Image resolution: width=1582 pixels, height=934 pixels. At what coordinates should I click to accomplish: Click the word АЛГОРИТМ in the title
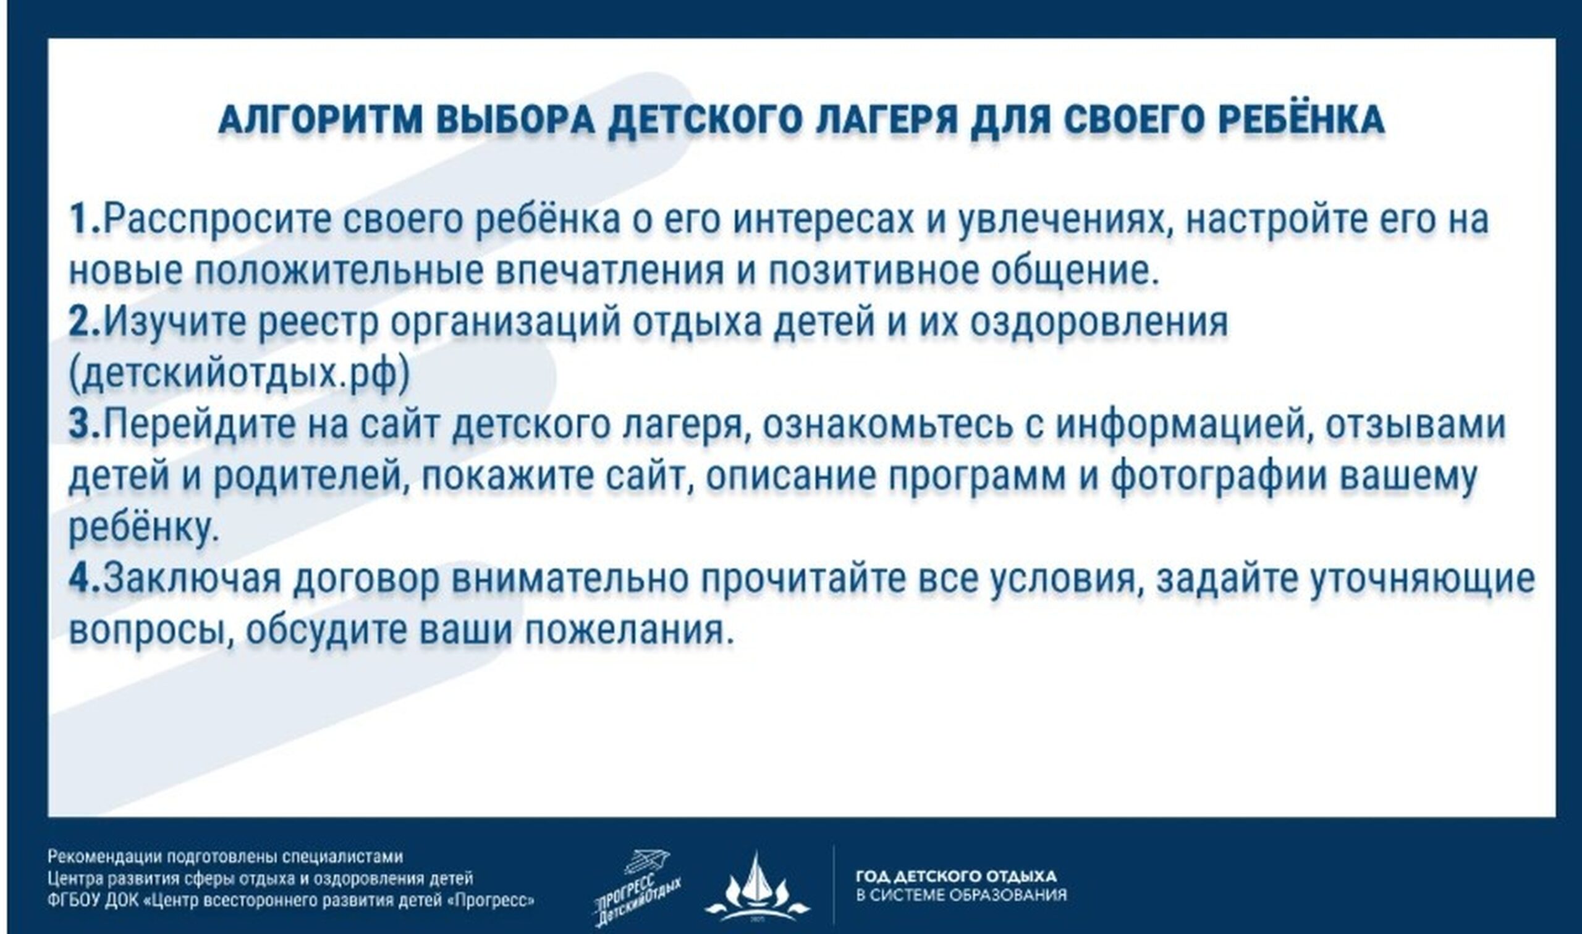[x=320, y=119]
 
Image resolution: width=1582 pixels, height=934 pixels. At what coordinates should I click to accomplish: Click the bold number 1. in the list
[x=85, y=219]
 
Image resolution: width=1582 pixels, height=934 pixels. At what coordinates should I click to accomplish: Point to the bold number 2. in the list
[x=85, y=322]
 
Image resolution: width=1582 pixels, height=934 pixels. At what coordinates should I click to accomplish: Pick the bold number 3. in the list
[x=85, y=424]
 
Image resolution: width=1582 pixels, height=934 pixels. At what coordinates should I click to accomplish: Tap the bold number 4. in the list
[x=85, y=578]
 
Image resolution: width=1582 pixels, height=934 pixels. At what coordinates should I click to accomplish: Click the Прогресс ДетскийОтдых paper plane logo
[x=637, y=888]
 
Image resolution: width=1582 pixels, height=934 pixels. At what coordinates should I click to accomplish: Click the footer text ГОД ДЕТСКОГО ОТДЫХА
[x=956, y=875]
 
